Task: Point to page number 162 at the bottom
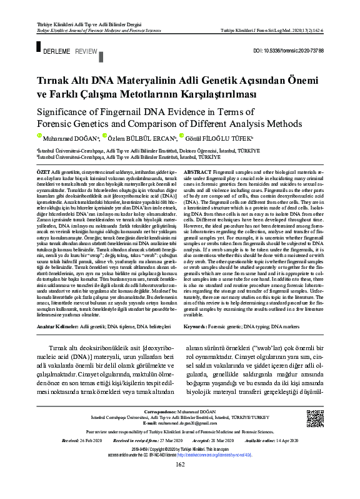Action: [x=180, y=481]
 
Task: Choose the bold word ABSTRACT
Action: [x=199, y=171]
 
